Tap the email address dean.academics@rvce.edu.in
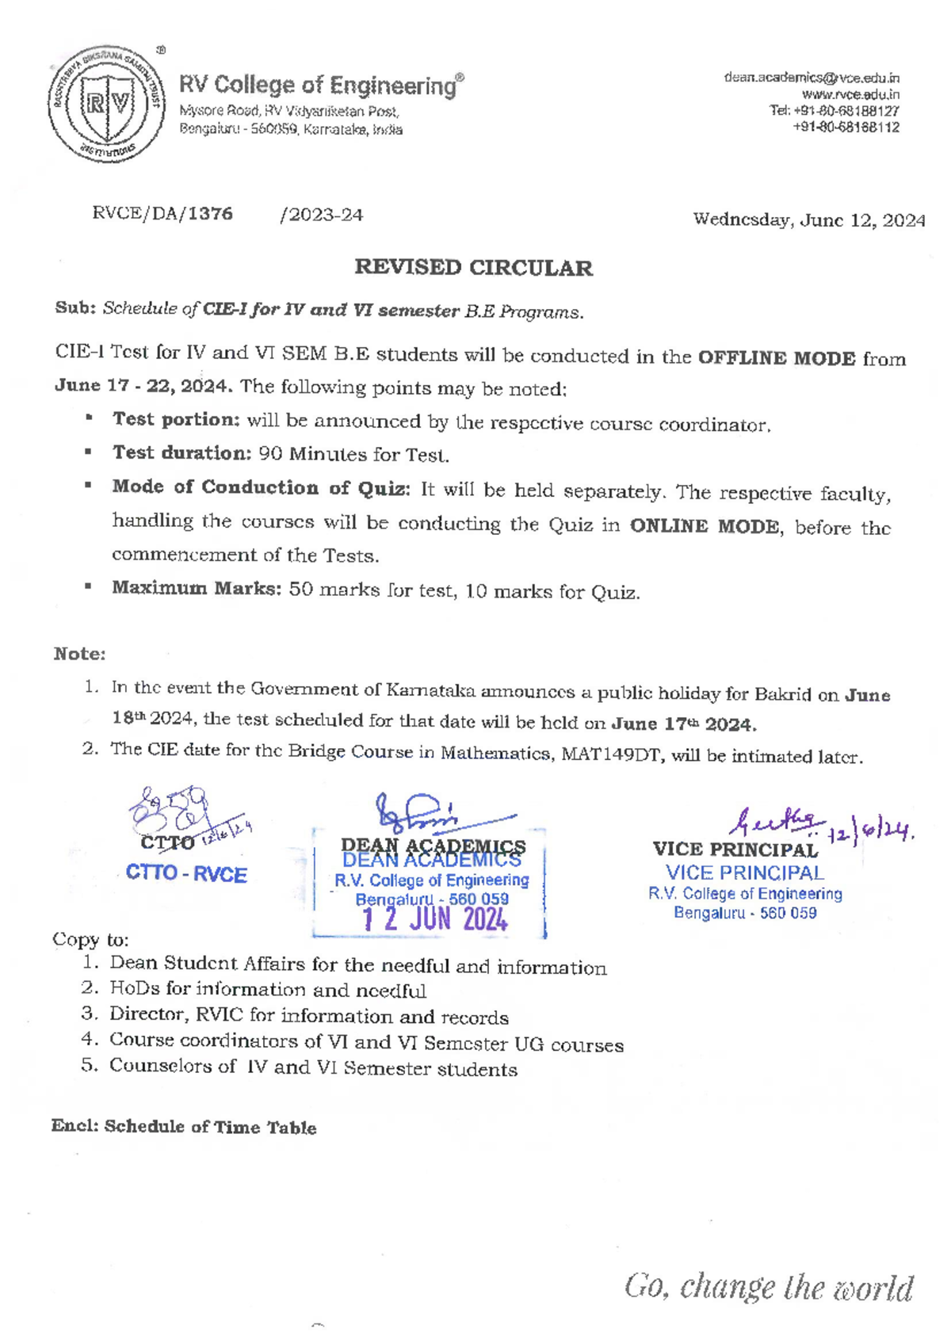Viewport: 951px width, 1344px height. (811, 78)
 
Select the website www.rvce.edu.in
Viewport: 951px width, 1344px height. (850, 94)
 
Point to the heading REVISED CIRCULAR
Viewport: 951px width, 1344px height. (473, 268)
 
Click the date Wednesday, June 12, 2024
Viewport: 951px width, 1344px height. (808, 220)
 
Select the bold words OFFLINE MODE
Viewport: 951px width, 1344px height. (776, 358)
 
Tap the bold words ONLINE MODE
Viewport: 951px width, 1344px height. (704, 527)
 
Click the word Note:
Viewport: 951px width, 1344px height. (79, 654)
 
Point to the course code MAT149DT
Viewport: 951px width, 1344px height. (613, 754)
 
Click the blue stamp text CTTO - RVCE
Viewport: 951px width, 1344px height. (186, 874)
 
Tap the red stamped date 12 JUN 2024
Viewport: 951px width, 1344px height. (435, 919)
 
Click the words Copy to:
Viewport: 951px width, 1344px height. (90, 940)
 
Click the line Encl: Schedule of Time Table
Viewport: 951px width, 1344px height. (184, 1127)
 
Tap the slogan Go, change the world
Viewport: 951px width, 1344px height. (768, 1287)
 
